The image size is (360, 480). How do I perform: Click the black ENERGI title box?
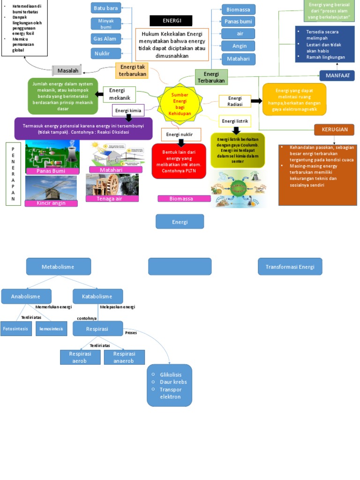171,21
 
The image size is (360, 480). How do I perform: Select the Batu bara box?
106,7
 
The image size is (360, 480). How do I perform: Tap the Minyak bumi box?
106,23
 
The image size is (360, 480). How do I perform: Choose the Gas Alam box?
106,38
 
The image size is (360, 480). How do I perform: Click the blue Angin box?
239,46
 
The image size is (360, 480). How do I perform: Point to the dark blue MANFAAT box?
337,75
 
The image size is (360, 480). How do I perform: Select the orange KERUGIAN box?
335,129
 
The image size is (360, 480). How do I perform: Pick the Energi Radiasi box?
234,101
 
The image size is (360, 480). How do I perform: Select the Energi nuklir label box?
181,135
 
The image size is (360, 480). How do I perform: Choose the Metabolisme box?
58,267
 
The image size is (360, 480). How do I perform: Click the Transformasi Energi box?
290,267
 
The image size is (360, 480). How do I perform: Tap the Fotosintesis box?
15,329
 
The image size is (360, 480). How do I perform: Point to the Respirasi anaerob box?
121,357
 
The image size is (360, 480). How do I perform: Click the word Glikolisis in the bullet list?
170,375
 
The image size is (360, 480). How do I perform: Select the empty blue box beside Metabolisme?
180,266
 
